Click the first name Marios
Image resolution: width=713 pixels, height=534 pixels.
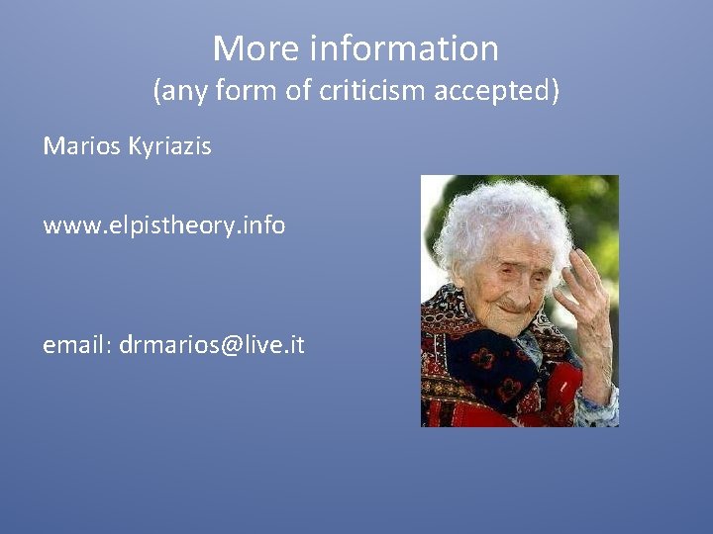point(81,146)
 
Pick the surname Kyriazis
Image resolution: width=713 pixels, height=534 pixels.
point(169,146)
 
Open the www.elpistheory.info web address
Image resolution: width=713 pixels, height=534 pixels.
point(163,225)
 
